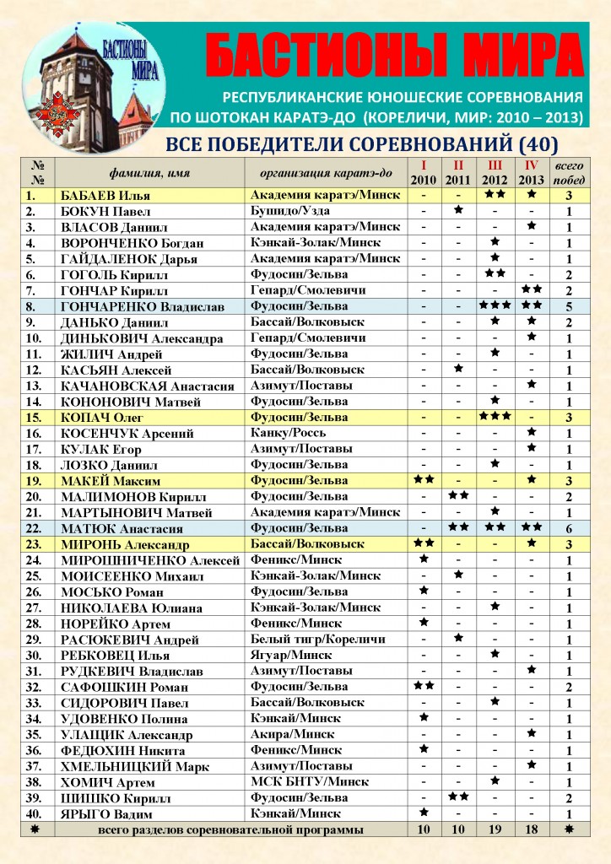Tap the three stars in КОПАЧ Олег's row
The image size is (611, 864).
click(x=495, y=417)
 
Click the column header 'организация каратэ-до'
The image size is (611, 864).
click(x=321, y=172)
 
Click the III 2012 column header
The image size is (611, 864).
click(x=495, y=171)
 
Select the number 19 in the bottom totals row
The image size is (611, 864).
click(x=495, y=830)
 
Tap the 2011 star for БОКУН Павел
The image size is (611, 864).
click(x=458, y=209)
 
